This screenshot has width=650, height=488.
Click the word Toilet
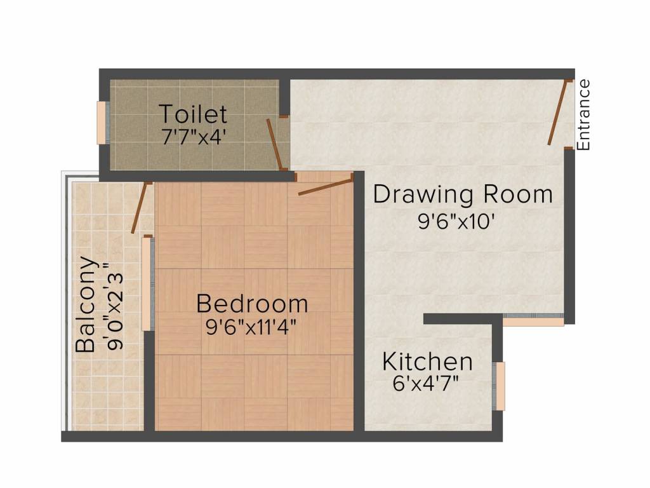click(193, 114)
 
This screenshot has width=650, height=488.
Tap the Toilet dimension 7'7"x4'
click(193, 137)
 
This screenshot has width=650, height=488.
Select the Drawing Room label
click(463, 194)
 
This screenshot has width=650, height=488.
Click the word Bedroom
click(252, 304)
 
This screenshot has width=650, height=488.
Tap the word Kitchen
click(427, 362)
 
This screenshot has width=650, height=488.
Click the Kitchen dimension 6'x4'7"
click(426, 383)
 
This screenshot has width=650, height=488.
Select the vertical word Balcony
click(86, 304)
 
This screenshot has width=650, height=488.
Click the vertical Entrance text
click(584, 114)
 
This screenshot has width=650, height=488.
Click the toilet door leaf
click(275, 143)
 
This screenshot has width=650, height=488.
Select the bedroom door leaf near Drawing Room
click(326, 186)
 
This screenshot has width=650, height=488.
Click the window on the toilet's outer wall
click(102, 123)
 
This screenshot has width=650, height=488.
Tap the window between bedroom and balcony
click(147, 283)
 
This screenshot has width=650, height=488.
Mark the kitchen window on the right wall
click(500, 386)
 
